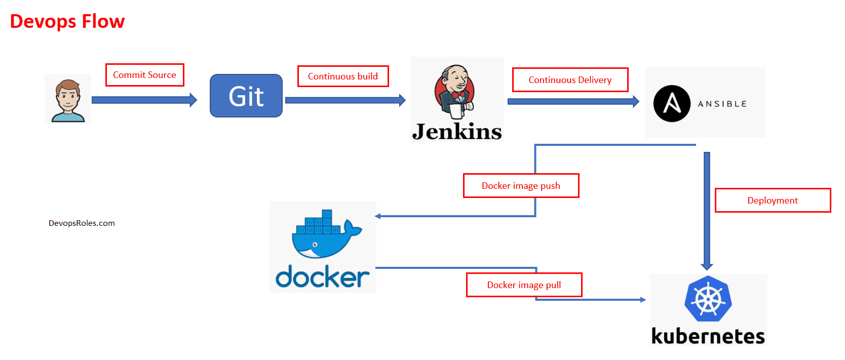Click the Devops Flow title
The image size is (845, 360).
click(x=67, y=22)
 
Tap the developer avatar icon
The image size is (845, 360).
click(x=68, y=99)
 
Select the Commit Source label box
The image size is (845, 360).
click(x=144, y=75)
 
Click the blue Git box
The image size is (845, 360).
click(x=246, y=96)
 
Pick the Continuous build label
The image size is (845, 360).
click(x=343, y=76)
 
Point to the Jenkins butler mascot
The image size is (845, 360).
click(x=455, y=91)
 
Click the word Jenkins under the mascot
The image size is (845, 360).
click(x=457, y=132)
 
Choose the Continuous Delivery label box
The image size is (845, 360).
click(x=570, y=80)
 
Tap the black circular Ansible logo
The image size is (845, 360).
click(x=672, y=103)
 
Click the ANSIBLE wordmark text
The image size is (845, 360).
click(x=722, y=104)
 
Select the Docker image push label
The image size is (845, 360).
click(x=521, y=186)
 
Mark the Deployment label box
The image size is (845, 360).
click(x=773, y=201)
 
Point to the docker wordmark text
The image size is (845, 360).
click(x=323, y=277)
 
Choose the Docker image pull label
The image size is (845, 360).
click(x=524, y=285)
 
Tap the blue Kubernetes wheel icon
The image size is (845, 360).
click(x=708, y=299)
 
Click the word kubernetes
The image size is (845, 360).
click(x=708, y=336)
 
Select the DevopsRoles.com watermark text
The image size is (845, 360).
click(x=82, y=223)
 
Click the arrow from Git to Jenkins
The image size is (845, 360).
click(x=344, y=100)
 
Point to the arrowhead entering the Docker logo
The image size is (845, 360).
click(x=378, y=216)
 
